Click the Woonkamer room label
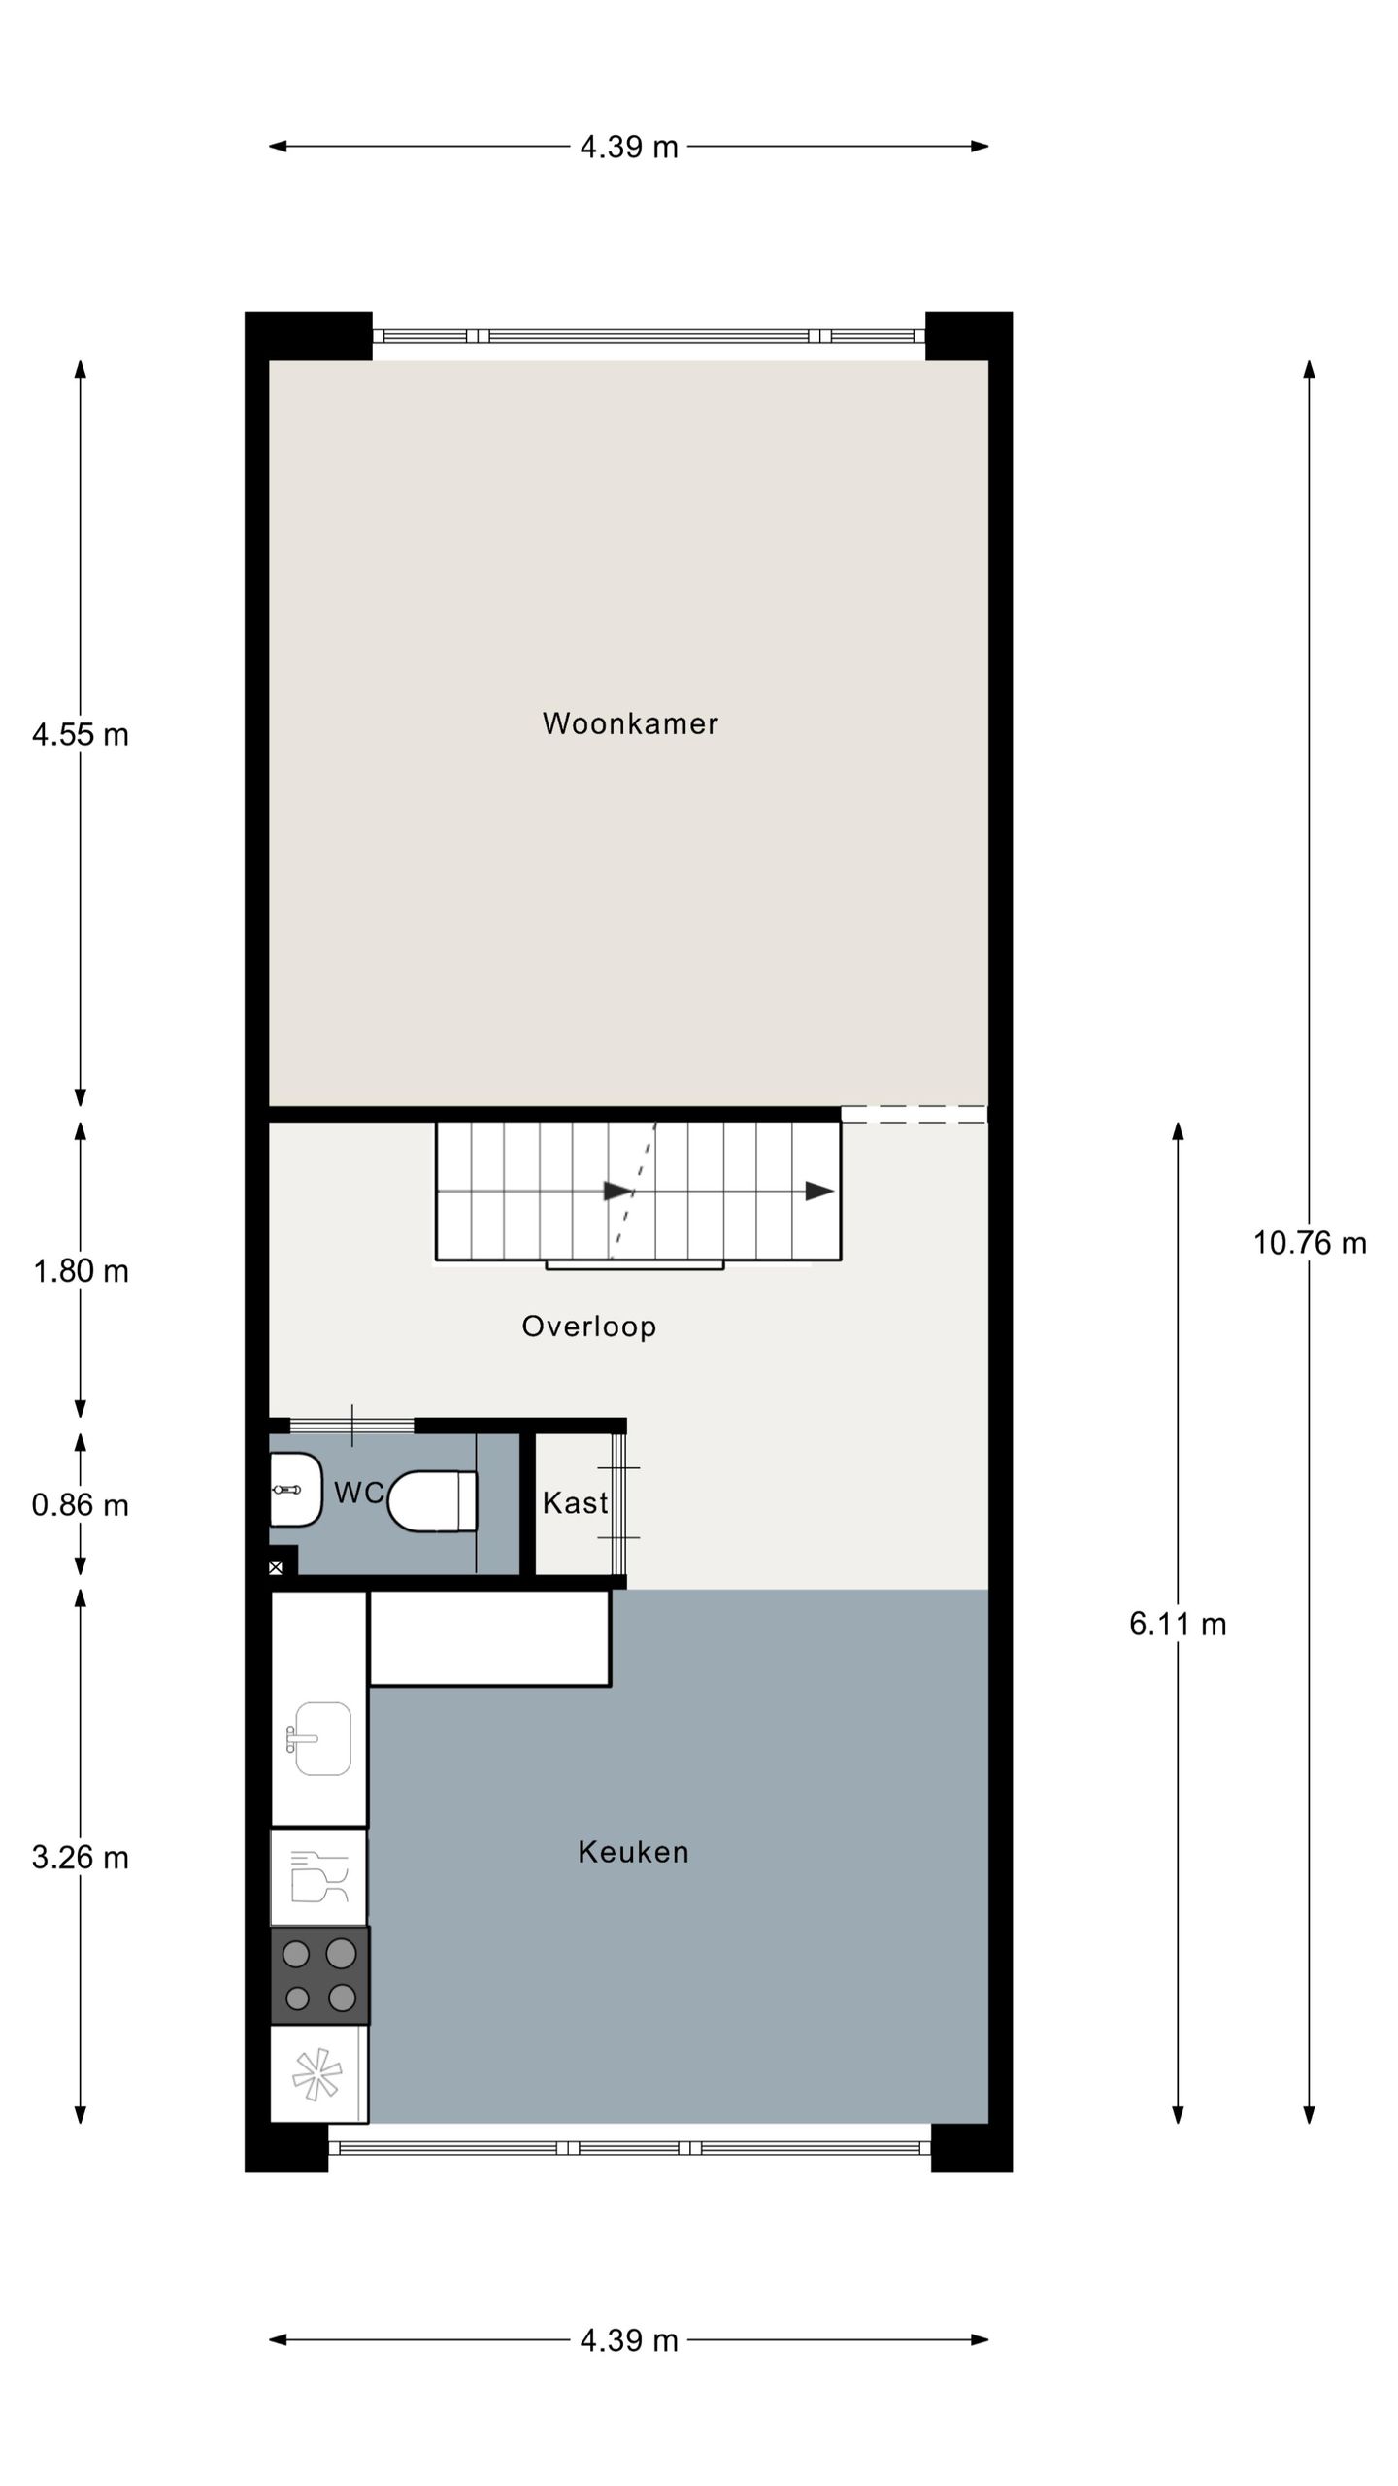coord(629,723)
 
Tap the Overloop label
coord(588,1327)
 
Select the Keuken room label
coord(633,1852)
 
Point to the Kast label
coord(574,1503)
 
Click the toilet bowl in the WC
coord(433,1501)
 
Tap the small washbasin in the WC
coord(294,1490)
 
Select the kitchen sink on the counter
coord(320,1739)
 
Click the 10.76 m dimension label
coord(1309,1243)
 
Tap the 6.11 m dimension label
coord(1177,1624)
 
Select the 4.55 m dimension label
coord(80,735)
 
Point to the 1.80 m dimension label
coord(80,1271)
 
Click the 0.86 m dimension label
coord(80,1505)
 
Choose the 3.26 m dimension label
coord(80,1858)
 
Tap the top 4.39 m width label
coord(628,148)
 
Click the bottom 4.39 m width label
coord(628,2341)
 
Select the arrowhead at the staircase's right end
coord(819,1192)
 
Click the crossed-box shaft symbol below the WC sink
coord(276,1567)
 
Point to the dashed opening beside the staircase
coord(913,1115)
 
